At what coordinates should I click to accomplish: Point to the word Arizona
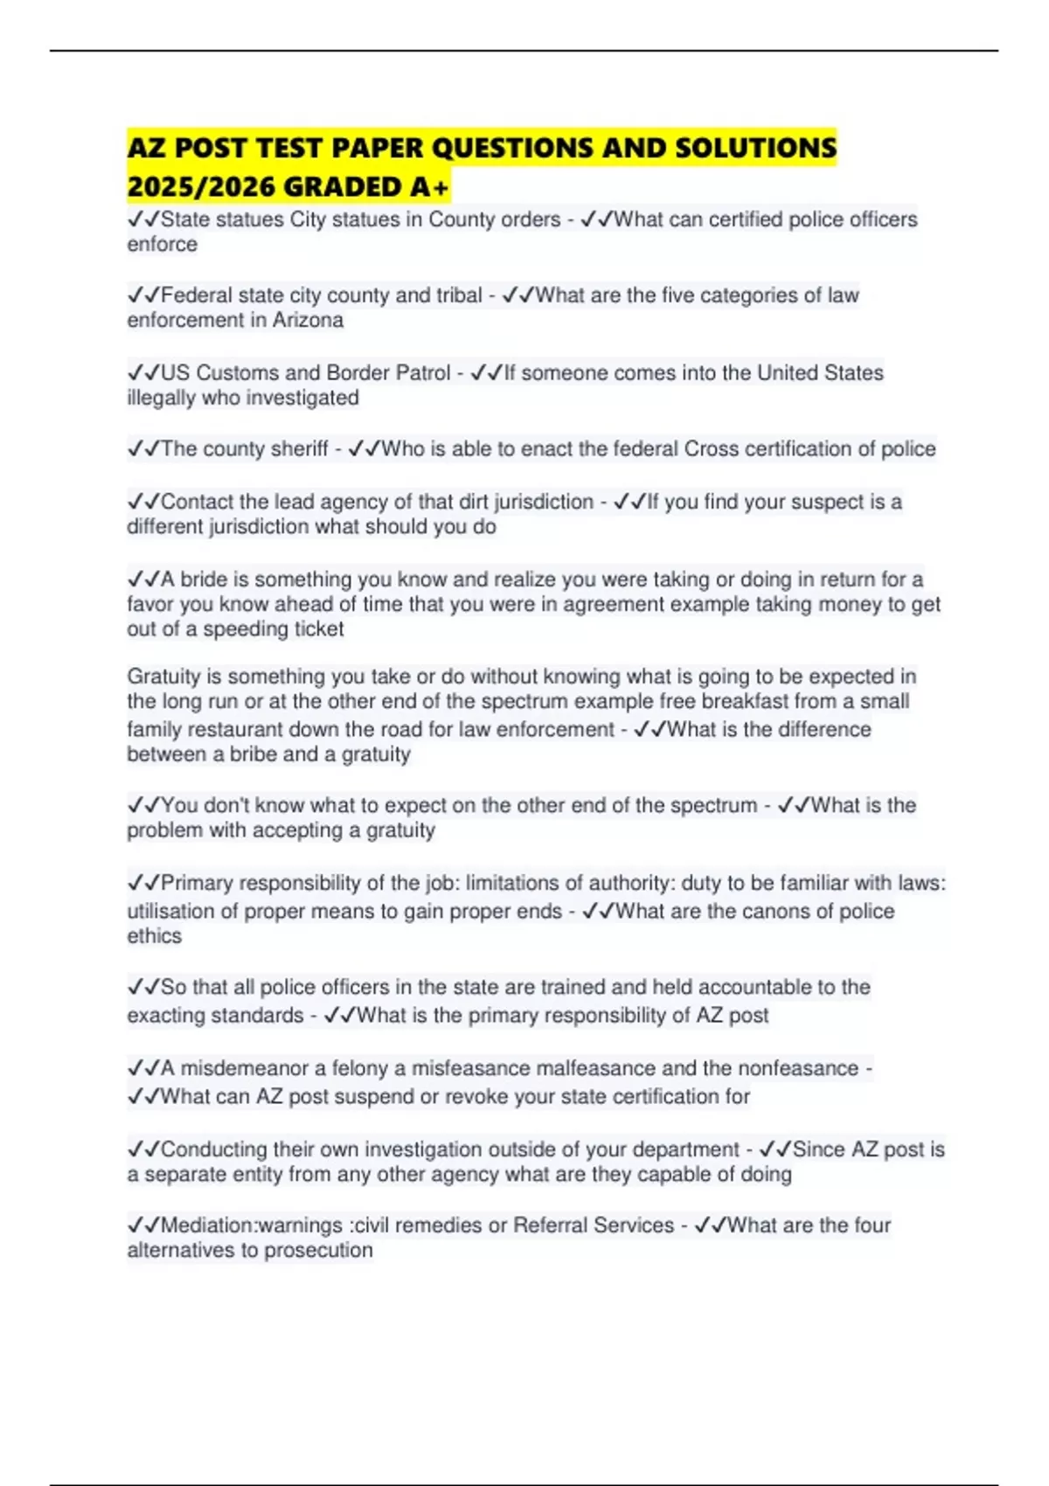tap(308, 320)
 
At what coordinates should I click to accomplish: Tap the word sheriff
tap(299, 449)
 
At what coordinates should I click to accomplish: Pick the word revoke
tap(476, 1096)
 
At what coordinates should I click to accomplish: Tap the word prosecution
tap(318, 1251)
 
